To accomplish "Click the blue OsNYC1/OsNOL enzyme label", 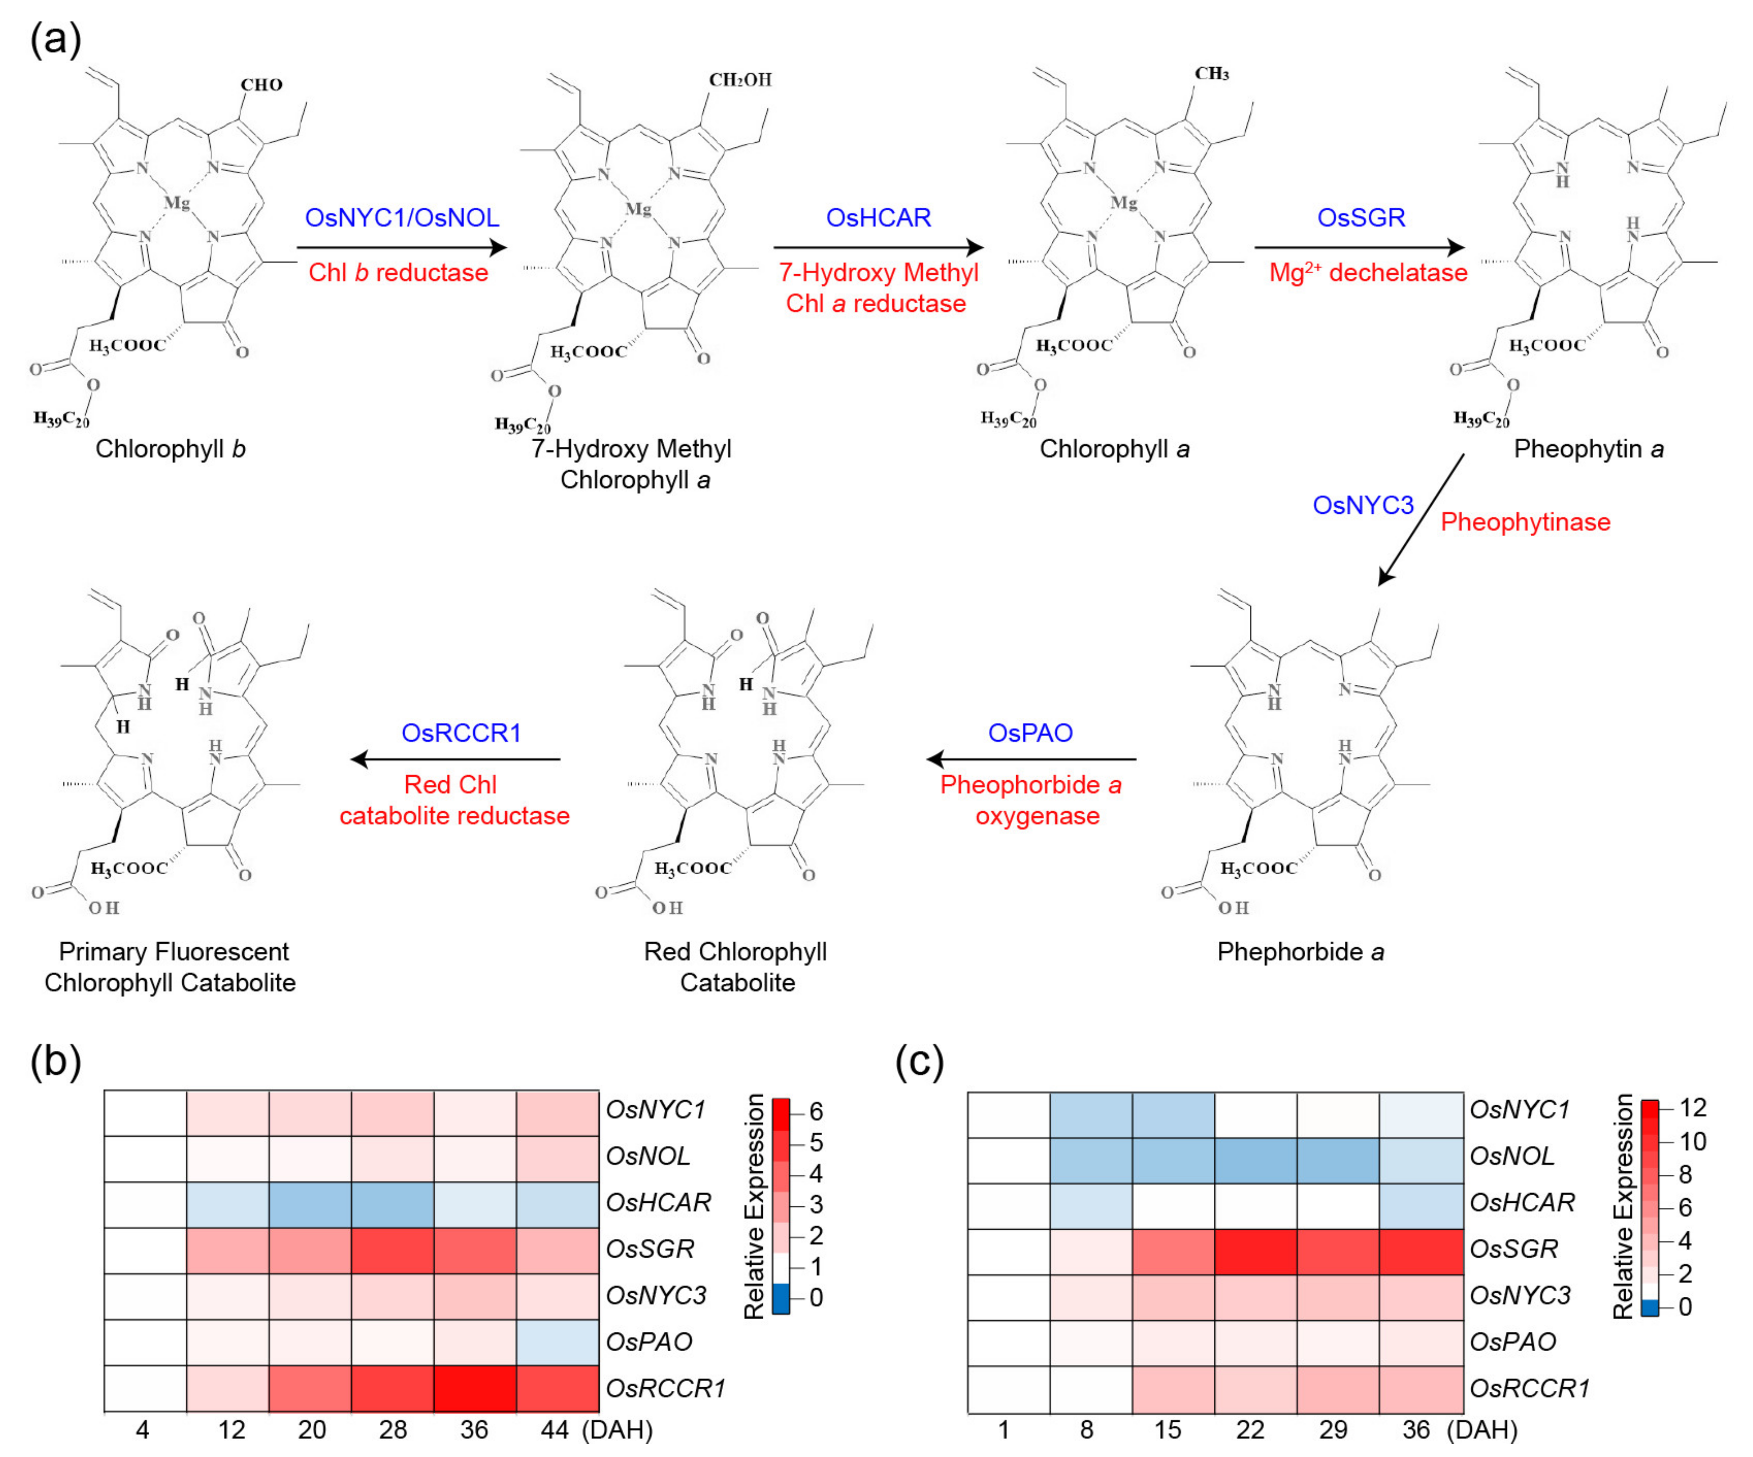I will (x=402, y=218).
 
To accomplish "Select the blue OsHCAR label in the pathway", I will (x=878, y=218).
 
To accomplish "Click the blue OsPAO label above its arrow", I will (x=1030, y=733).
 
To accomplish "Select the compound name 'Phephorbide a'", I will (x=1300, y=951).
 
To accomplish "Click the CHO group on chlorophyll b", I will (x=261, y=84).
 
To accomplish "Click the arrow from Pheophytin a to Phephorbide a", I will (x=1421, y=519).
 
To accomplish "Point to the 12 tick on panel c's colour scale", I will (x=1693, y=1107).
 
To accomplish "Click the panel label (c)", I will (x=919, y=1062).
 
